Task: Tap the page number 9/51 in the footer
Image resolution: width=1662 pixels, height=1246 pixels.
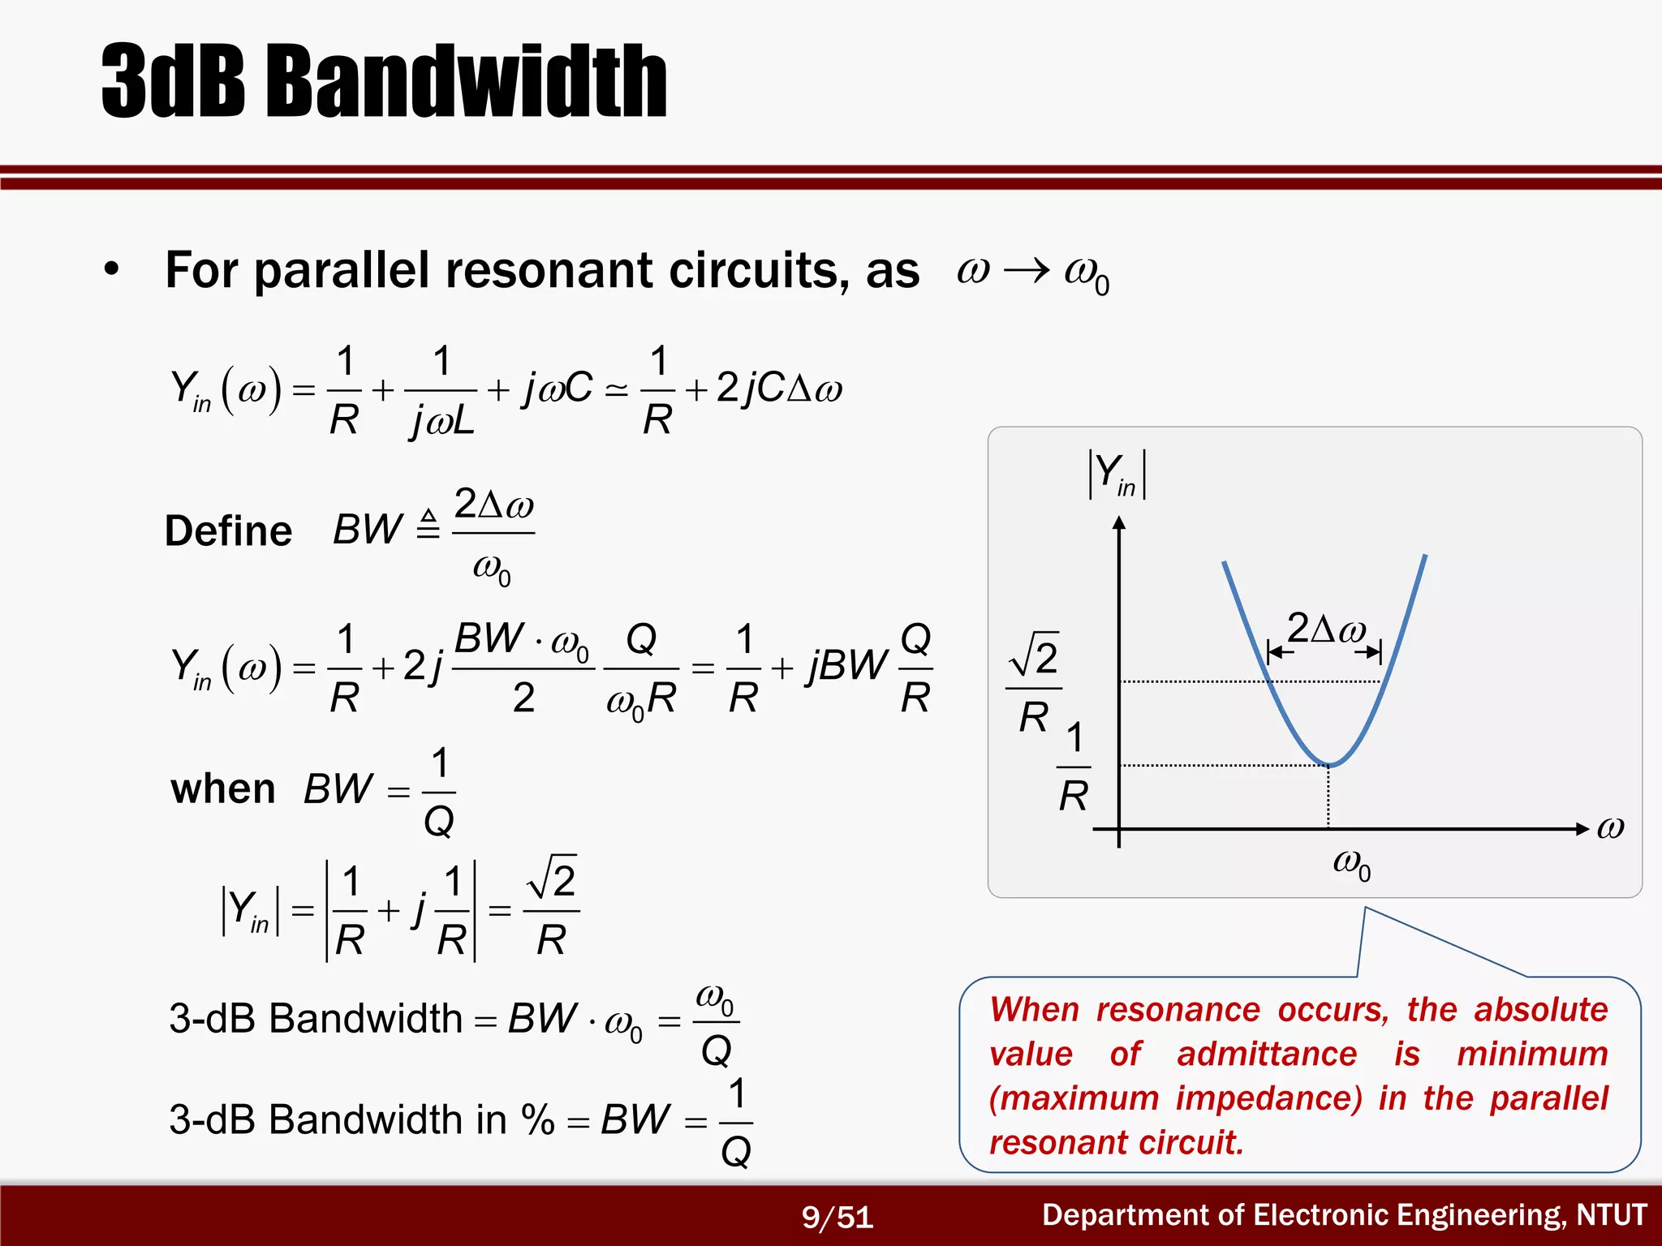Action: [x=837, y=1217]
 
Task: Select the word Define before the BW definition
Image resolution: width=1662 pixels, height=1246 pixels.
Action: [x=228, y=531]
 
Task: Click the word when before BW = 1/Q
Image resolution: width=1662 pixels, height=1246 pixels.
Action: [x=223, y=788]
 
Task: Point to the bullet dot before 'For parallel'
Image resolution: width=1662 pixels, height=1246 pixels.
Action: [x=111, y=269]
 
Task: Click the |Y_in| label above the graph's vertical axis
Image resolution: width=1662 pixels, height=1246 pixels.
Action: [x=1117, y=475]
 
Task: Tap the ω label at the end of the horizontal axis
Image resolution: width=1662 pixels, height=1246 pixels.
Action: [x=1610, y=828]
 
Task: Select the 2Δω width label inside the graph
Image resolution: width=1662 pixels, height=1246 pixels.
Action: [x=1326, y=629]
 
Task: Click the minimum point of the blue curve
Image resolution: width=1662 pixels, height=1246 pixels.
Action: [x=1328, y=765]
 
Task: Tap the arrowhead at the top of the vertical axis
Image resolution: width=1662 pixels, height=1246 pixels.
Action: [x=1119, y=523]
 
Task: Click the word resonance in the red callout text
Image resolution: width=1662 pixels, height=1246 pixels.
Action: [x=1178, y=1010]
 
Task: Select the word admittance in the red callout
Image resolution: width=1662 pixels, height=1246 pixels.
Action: [x=1267, y=1054]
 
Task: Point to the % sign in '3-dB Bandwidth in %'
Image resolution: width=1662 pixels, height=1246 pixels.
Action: [x=537, y=1120]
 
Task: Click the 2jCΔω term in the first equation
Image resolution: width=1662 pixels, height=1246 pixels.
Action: [x=779, y=388]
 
